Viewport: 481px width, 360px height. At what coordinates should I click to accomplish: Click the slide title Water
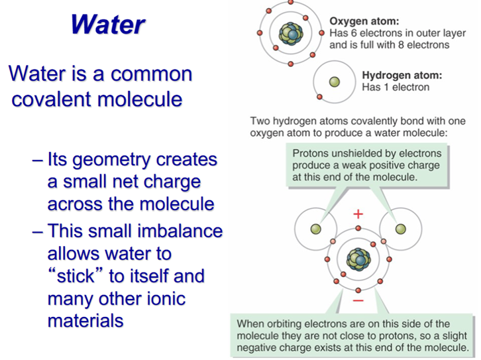tap(108, 25)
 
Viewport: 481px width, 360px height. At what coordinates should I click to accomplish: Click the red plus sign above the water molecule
tap(358, 214)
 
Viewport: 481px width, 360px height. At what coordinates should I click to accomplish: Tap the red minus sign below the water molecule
tap(358, 300)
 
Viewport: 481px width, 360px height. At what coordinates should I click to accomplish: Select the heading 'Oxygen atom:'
tap(364, 21)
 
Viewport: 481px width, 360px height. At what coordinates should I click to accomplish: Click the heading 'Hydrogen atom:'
tap(402, 75)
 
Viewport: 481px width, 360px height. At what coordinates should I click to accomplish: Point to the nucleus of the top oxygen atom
tap(291, 33)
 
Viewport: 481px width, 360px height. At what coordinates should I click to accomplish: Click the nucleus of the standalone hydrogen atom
tap(335, 82)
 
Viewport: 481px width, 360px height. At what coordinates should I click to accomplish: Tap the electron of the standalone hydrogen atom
tap(319, 97)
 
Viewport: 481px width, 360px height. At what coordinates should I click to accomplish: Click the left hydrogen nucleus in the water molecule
tap(315, 229)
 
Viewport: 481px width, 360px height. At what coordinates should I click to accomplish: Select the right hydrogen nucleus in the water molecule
tap(401, 229)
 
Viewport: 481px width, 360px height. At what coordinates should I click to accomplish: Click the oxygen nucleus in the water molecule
tap(358, 260)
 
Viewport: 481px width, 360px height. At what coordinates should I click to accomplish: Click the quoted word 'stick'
tap(76, 275)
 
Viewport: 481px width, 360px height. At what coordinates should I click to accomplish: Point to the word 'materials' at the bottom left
tap(85, 320)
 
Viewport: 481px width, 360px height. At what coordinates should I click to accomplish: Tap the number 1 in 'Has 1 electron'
tap(386, 87)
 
